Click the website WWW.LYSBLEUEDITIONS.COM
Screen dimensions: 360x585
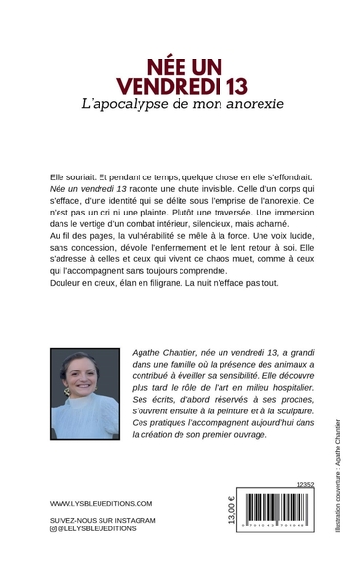100,503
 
